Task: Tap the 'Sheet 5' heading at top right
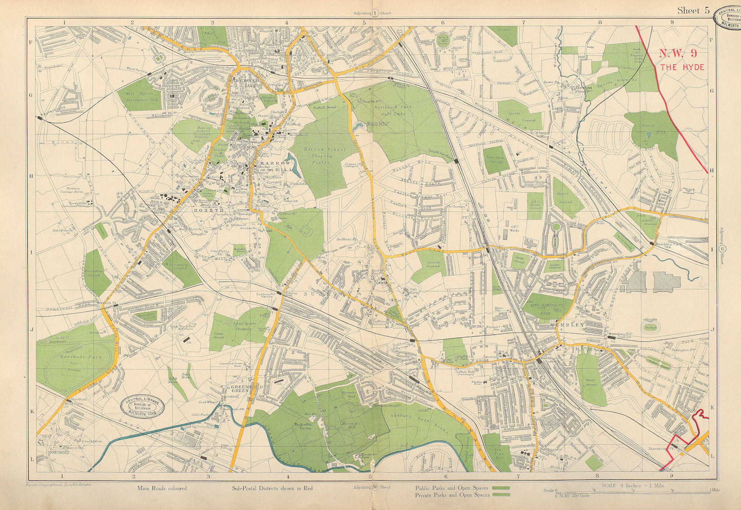pos(693,11)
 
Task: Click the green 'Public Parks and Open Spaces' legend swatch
pos(501,488)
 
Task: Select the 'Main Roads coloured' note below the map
pos(162,488)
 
